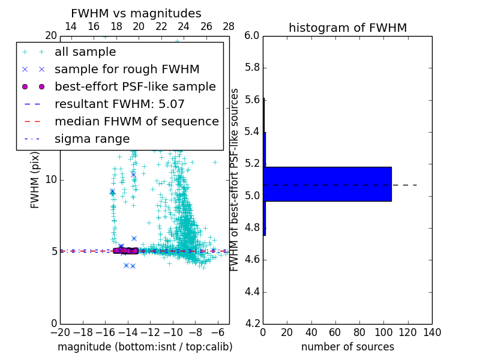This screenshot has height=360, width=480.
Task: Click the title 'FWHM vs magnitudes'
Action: pos(136,14)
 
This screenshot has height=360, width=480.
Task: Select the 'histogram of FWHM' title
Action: pos(347,28)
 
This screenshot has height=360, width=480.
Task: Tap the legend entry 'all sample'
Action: pos(85,52)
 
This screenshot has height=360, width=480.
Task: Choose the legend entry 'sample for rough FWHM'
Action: pos(127,70)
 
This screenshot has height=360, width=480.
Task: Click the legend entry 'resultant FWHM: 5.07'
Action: pos(119,104)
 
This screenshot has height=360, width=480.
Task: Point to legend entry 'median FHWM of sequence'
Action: pos(136,122)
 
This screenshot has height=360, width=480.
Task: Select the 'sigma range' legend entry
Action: pos(92,139)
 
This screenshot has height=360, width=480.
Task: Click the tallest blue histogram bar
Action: pos(327,184)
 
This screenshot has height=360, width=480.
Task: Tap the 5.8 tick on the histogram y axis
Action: pos(252,68)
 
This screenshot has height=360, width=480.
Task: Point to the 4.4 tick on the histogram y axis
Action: pos(252,292)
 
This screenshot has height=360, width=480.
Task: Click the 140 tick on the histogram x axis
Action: pos(432,332)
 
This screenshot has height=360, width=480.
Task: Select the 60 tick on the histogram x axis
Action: pos(335,332)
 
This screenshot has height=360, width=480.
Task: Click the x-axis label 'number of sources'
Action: pos(347,347)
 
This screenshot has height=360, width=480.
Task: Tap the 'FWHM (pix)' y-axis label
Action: pos(35,179)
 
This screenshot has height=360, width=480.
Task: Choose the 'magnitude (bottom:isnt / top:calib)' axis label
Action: pos(145,347)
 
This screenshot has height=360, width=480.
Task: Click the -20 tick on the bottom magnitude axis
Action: pos(60,332)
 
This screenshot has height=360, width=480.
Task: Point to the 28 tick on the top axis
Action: pos(229,26)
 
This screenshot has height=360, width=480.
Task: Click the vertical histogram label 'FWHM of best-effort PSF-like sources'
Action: pos(235,179)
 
